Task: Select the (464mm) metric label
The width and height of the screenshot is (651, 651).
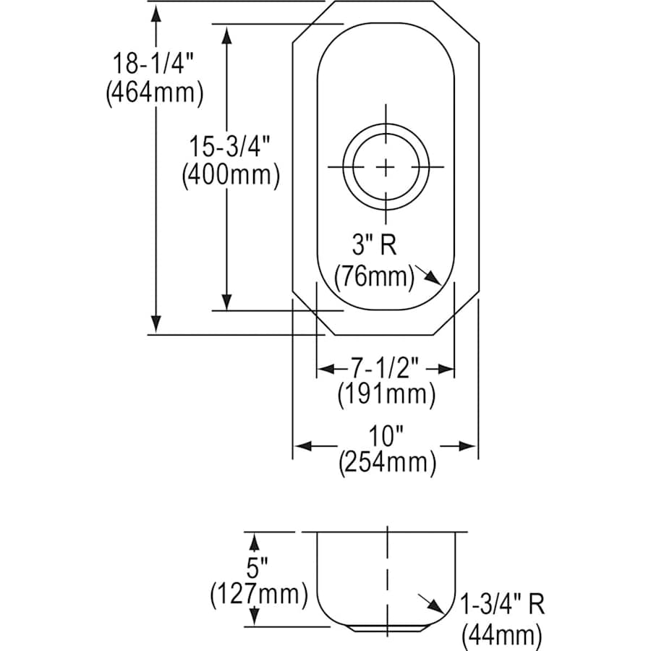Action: pyautogui.click(x=153, y=94)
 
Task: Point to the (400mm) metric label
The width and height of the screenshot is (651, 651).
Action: pyautogui.click(x=230, y=175)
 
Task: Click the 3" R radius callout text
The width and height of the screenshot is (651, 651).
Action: pyautogui.click(x=374, y=246)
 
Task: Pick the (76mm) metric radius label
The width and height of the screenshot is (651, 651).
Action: pyautogui.click(x=374, y=276)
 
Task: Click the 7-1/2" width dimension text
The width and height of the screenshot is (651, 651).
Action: pyautogui.click(x=386, y=368)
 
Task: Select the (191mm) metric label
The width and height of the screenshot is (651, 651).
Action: pyautogui.click(x=386, y=396)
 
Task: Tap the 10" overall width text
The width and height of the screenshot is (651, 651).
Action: pyautogui.click(x=386, y=436)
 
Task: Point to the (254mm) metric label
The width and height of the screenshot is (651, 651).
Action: pyautogui.click(x=387, y=463)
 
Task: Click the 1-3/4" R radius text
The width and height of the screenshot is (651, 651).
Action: pyautogui.click(x=502, y=605)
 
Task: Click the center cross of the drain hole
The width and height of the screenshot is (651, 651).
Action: pyautogui.click(x=386, y=167)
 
